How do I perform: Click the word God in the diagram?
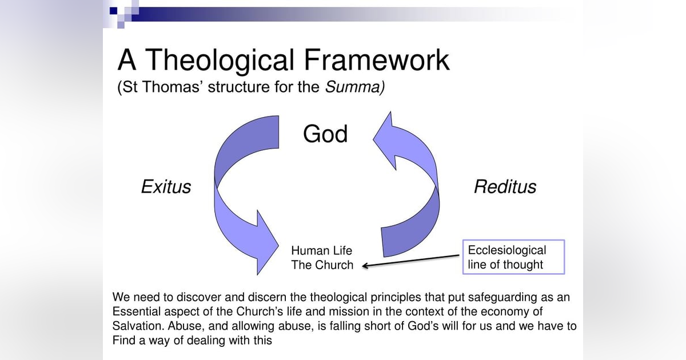(x=325, y=134)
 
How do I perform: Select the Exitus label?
(x=166, y=187)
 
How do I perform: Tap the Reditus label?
(x=505, y=187)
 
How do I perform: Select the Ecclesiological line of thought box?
(x=513, y=257)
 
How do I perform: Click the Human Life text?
(x=321, y=251)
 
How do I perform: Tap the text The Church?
(x=322, y=265)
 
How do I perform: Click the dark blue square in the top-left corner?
(x=114, y=10)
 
